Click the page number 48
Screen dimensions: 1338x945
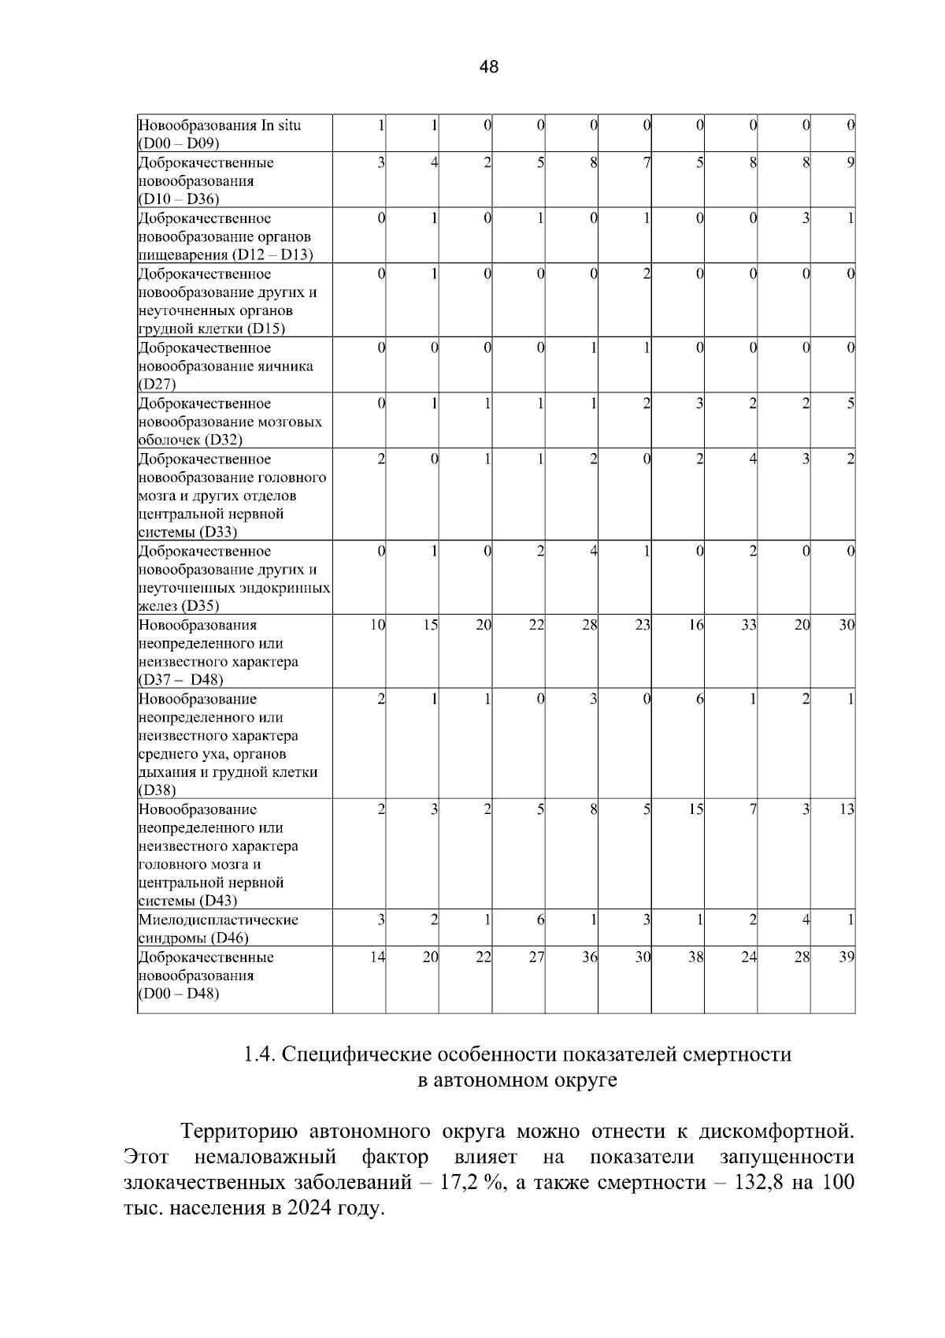pos(488,67)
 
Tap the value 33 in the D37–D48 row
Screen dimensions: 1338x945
pos(748,625)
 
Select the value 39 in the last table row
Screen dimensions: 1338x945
pos(847,957)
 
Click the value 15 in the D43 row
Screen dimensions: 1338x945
pos(695,809)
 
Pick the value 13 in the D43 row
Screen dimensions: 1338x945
pos(847,809)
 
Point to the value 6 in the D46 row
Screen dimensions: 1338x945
pos(540,920)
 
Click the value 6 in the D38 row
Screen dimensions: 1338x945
pos(699,699)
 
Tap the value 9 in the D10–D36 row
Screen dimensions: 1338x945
pos(850,162)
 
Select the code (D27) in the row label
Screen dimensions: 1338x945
pos(157,385)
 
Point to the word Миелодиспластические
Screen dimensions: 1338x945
pos(218,920)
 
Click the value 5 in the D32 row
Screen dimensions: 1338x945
pos(850,403)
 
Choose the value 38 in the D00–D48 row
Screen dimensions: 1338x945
pos(695,957)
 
